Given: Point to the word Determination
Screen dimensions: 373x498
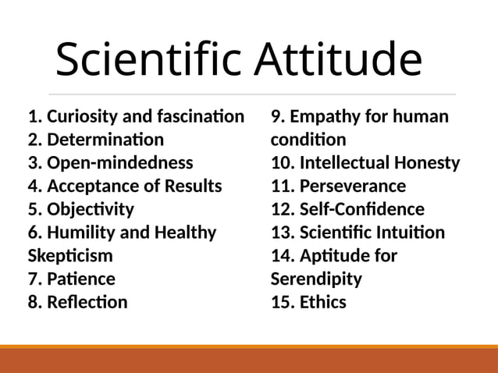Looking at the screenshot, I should pos(105,140).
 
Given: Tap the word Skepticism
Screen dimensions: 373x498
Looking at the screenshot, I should pos(70,255).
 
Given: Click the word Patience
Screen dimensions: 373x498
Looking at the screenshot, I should pos(81,279).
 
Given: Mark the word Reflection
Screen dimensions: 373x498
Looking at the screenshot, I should pos(87,301).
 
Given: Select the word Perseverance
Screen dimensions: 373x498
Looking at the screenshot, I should pos(353,186).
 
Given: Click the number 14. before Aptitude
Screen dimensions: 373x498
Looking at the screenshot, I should pos(283,255).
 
